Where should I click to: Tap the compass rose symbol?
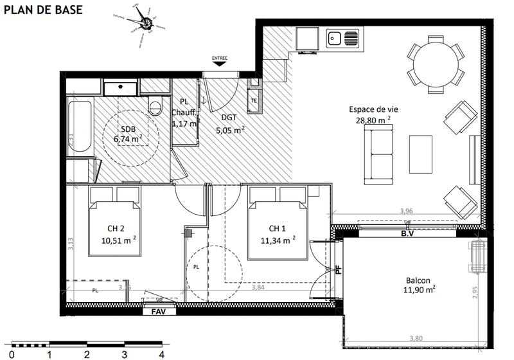146,24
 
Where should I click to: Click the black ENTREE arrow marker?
220,62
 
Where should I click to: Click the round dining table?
436,64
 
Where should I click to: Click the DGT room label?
229,117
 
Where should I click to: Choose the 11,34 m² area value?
278,240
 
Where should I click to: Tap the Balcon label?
418,280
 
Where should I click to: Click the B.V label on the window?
407,234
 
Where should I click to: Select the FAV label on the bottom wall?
158,312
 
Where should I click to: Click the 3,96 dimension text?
405,211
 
